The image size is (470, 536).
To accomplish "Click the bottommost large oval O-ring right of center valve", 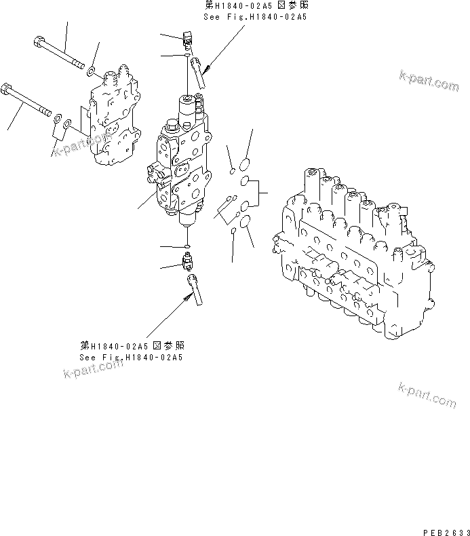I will click(x=246, y=221).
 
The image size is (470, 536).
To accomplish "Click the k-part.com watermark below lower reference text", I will click(x=94, y=370).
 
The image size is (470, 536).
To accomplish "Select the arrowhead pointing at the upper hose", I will click(x=206, y=70).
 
